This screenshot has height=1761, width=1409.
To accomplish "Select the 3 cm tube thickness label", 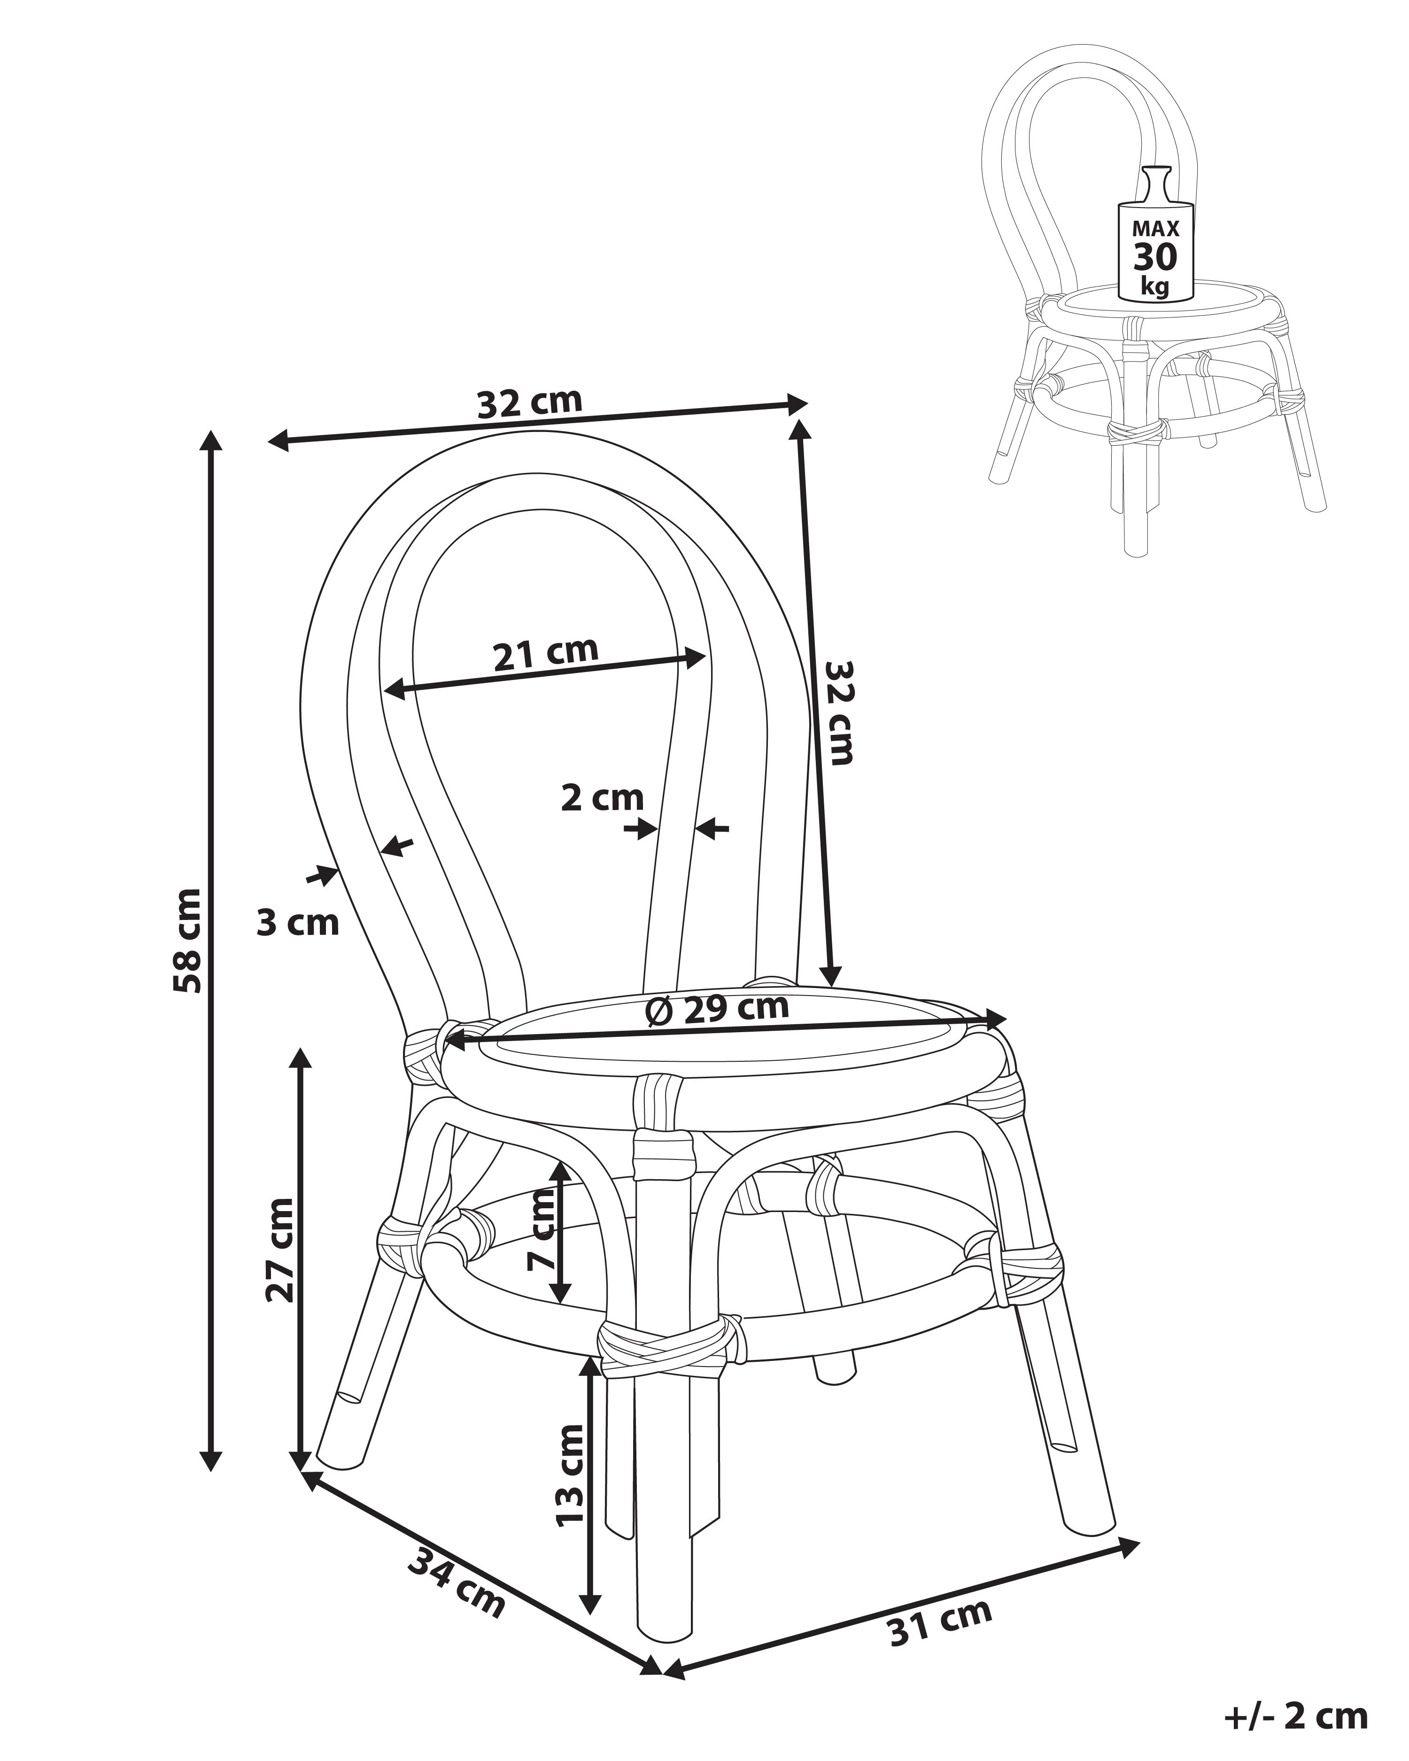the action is tap(297, 923).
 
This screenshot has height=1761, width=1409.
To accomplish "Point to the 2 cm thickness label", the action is tap(602, 797).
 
